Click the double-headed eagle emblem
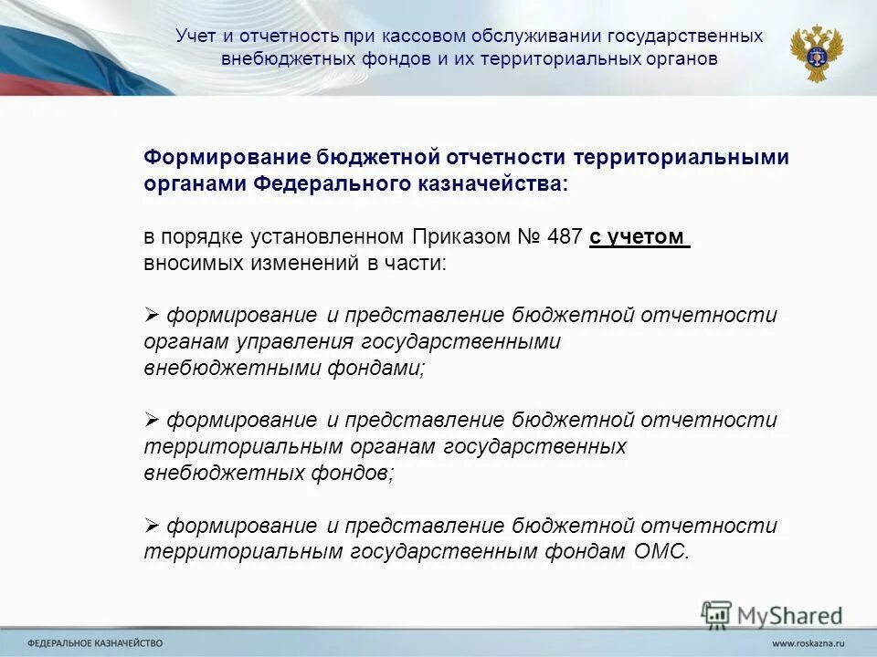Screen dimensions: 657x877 click(x=816, y=53)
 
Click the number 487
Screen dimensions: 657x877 click(x=565, y=237)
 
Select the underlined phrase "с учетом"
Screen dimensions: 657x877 click(x=638, y=237)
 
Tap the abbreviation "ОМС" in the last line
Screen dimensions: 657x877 click(x=660, y=552)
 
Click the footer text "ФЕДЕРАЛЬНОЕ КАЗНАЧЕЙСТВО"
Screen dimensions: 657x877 click(x=95, y=643)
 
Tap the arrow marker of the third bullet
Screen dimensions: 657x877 click(x=152, y=526)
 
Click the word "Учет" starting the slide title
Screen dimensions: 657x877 click(x=195, y=36)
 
